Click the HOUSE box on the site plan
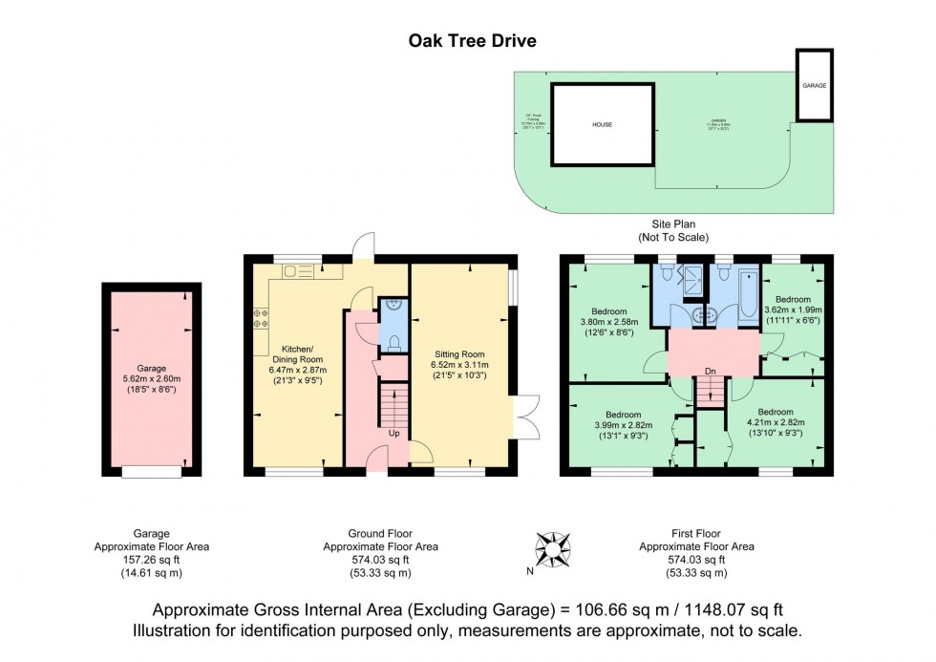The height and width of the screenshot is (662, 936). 602,124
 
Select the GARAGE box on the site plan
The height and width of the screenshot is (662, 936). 814,85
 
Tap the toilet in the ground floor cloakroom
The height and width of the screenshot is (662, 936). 393,340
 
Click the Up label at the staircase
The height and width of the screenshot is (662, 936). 394,433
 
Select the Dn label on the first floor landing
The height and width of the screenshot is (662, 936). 709,372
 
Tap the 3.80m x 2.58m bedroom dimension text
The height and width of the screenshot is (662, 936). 608,323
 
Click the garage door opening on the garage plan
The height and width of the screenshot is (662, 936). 152,471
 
